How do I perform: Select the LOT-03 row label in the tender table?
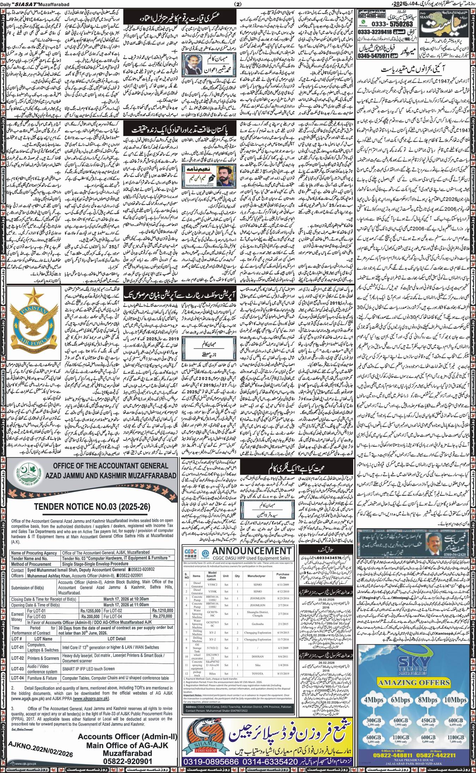pos(17,668)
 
